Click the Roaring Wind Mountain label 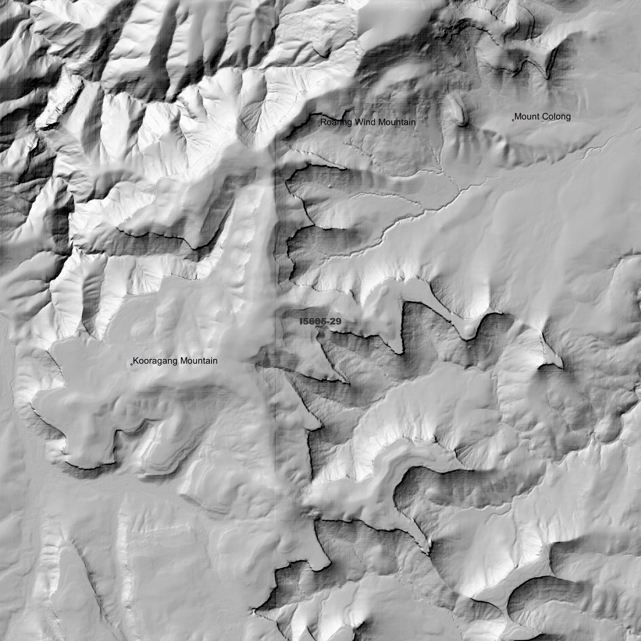pyautogui.click(x=368, y=122)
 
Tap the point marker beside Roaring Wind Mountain pyautogui.click(x=319, y=126)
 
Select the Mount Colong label pyautogui.click(x=542, y=117)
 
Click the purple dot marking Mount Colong pyautogui.click(x=513, y=120)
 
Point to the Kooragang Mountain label pyautogui.click(x=175, y=361)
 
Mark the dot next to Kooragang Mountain pyautogui.click(x=131, y=364)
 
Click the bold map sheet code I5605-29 pyautogui.click(x=320, y=321)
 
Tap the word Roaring pyautogui.click(x=335, y=122)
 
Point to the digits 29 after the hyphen pyautogui.click(x=336, y=321)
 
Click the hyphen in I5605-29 pyautogui.click(x=328, y=322)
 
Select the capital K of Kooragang pyautogui.click(x=136, y=361)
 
